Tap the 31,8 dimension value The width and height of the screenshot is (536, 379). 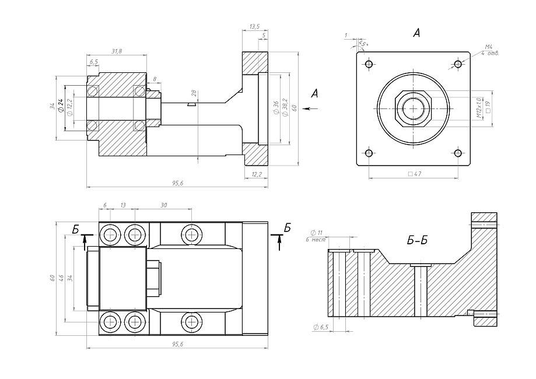click(x=116, y=52)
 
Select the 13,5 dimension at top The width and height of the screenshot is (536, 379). click(x=255, y=27)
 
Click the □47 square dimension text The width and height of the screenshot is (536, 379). click(x=414, y=174)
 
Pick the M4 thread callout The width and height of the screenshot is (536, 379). click(x=489, y=47)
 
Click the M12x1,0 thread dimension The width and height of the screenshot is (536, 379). click(x=478, y=108)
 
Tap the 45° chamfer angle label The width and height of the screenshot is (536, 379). click(x=363, y=44)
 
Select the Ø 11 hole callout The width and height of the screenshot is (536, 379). click(x=317, y=233)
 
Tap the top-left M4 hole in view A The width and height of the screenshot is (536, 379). click(x=369, y=64)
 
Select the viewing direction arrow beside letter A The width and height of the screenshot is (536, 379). click(x=310, y=108)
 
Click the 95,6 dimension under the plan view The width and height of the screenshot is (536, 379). click(x=178, y=345)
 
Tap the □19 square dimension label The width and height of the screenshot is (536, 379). click(x=488, y=108)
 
